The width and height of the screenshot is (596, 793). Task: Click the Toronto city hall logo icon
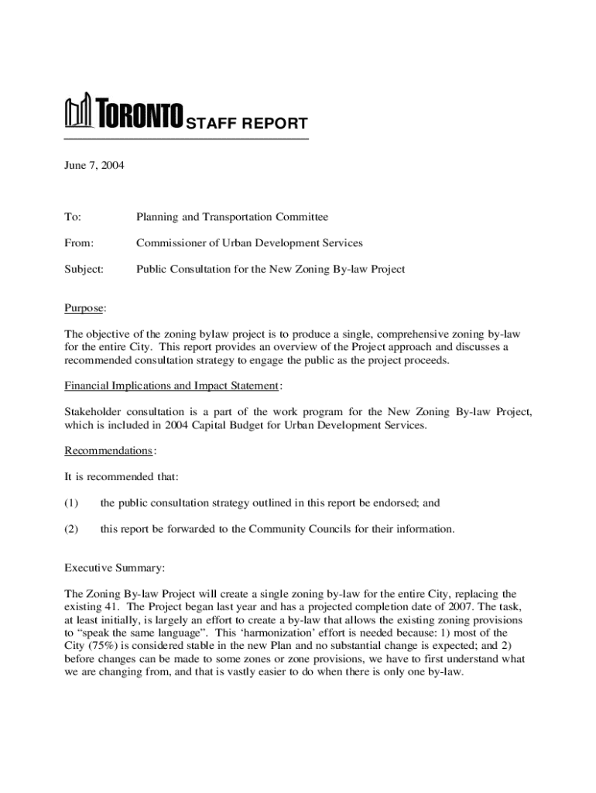[x=77, y=112]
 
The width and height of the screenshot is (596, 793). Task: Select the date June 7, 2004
[x=94, y=166]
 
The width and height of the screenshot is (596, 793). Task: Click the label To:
[x=72, y=218]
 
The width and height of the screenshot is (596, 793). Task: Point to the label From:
[x=78, y=243]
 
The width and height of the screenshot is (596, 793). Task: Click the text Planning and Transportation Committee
[x=232, y=218]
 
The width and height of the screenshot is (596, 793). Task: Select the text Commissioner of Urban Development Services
[x=249, y=243]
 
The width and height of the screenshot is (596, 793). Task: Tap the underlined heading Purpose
[x=84, y=308]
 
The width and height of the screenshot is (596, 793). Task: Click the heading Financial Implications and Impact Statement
[x=171, y=386]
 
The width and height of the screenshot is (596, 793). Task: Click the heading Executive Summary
[x=114, y=568]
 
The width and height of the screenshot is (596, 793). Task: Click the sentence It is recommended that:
[x=121, y=477]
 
